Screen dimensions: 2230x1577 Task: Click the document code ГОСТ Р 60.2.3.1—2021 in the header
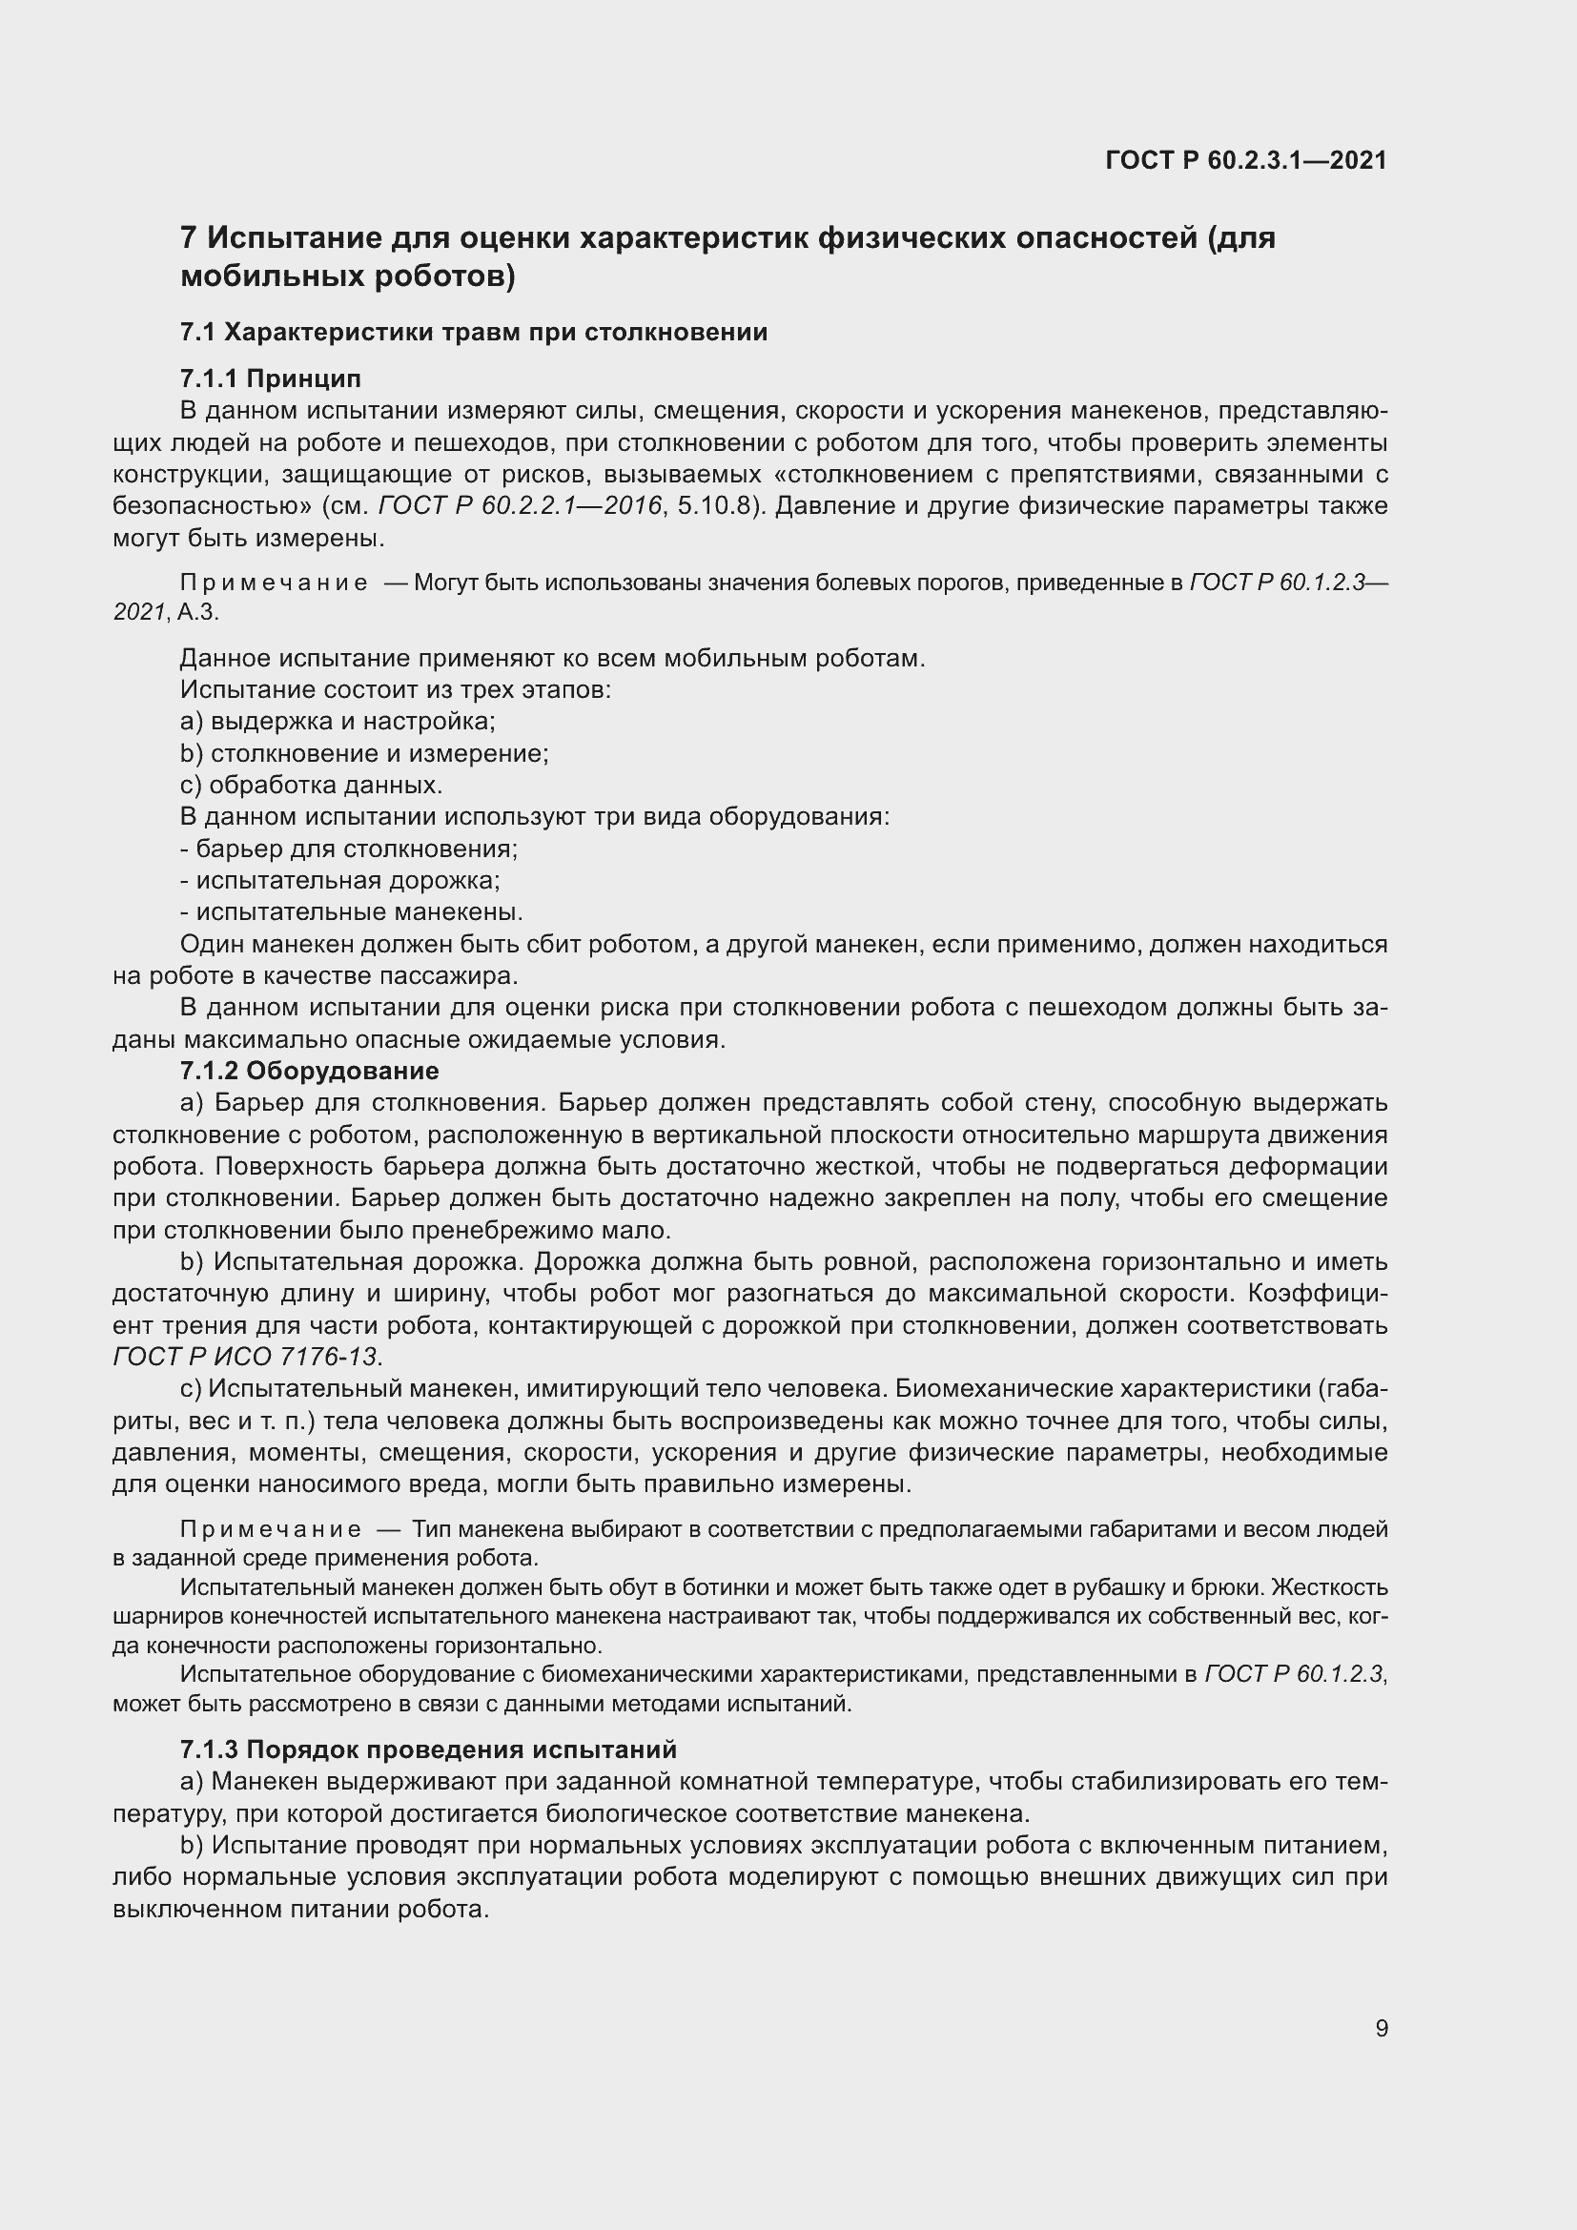[x=1246, y=161]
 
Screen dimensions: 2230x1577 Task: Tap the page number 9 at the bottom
[x=1382, y=2028]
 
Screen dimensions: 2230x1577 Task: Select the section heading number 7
[x=190, y=238]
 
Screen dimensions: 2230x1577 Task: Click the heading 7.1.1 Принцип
[x=270, y=378]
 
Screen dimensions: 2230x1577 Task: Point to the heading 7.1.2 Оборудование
[x=309, y=1072]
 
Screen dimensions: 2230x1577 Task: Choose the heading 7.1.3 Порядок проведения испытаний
[x=428, y=1749]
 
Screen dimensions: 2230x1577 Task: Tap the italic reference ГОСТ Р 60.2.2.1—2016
[x=520, y=506]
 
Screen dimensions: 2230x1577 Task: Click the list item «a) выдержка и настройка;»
[x=338, y=722]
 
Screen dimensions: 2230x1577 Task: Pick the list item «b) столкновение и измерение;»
[x=364, y=754]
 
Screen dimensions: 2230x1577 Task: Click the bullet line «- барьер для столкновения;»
[x=350, y=849]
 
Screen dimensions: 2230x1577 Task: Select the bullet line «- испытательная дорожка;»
[x=340, y=881]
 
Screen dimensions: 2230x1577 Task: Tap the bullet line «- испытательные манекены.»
[x=352, y=912]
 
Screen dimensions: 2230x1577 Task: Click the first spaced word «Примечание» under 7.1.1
[x=274, y=583]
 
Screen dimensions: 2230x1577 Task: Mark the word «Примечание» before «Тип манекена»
[x=271, y=1529]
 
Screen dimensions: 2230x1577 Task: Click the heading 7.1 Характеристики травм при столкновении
[x=474, y=332]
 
